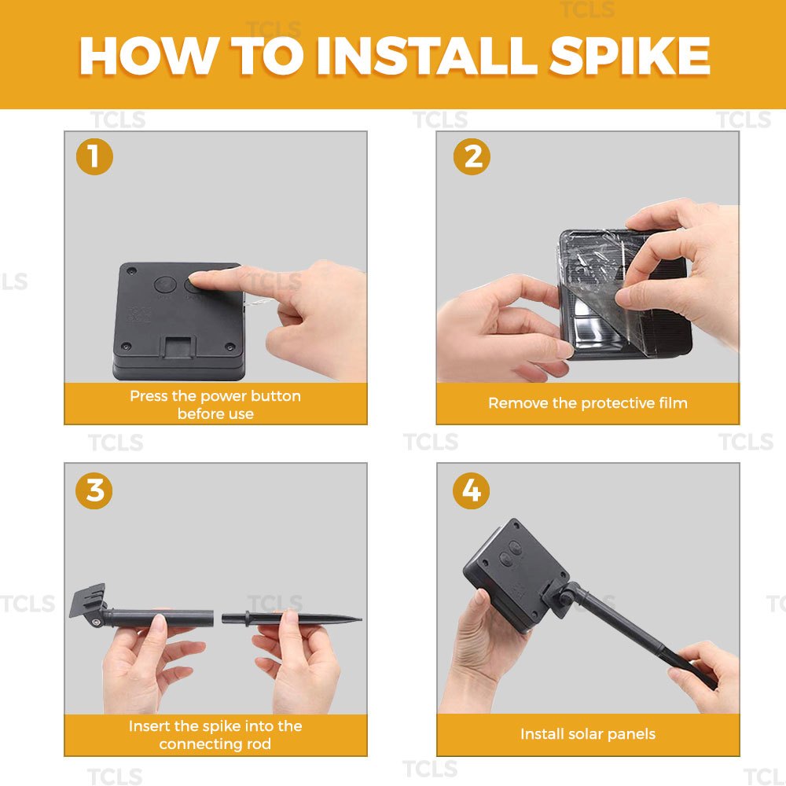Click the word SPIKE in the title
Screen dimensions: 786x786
pos(629,55)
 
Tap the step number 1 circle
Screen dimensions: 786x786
pos(94,156)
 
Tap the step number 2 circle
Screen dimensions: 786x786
pos(472,156)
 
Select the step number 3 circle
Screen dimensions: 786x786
pos(94,490)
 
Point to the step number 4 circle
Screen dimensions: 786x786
pos(471,490)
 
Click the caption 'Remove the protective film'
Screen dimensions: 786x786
pos(587,403)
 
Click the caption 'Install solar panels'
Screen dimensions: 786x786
pos(587,734)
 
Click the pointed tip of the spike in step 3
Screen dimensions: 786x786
pos(360,620)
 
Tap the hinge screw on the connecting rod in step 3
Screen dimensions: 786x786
pos(96,622)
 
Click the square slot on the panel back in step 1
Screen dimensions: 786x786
pos(178,347)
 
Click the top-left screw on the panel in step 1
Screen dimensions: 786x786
pos(132,270)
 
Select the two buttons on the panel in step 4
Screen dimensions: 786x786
pos(510,553)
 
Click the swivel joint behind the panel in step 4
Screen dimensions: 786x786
pos(567,597)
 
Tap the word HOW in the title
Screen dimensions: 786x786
pos(149,55)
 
